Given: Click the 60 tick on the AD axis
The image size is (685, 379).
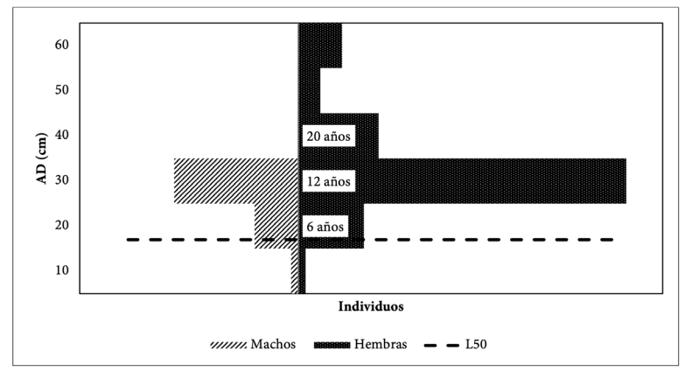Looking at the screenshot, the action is tap(62, 45).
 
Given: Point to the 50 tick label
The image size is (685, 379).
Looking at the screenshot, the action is tap(62, 89).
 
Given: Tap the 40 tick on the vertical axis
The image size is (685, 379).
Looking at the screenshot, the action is tap(62, 135).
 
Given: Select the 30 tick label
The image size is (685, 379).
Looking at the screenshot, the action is tap(62, 179).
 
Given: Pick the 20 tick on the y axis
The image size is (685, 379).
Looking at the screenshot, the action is tap(62, 225).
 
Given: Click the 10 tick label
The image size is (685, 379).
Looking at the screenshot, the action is tap(62, 270).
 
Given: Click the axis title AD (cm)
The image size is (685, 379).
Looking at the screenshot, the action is tap(41, 158).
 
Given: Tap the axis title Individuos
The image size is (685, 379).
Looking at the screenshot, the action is tap(371, 306).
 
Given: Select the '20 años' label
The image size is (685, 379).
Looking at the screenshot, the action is tap(329, 137).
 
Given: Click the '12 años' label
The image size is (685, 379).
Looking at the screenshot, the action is tap(329, 181).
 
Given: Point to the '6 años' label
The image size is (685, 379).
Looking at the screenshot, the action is tap(325, 227).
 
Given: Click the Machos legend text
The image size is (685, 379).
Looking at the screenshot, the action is tap(273, 345).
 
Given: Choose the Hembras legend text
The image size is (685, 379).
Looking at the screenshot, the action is tap(381, 345).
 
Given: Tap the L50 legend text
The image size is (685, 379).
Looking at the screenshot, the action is tap(476, 345).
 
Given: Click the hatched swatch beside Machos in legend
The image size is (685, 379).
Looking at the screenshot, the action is tap(228, 346).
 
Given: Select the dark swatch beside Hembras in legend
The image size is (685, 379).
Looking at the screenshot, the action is tap(332, 346).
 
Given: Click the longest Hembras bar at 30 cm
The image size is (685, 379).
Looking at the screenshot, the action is tap(462, 181).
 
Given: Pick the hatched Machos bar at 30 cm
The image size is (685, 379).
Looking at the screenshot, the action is tap(236, 181).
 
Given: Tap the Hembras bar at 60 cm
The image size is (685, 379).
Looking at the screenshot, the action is tap(320, 46).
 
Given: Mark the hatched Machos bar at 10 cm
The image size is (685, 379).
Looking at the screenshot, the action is tap(295, 271).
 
